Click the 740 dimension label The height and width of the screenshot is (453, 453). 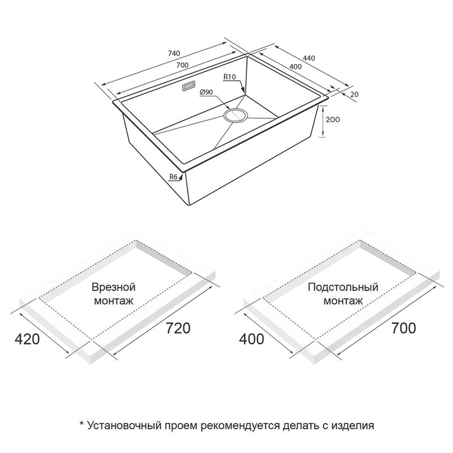tap(174, 53)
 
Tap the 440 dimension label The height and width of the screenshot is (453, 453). tap(309, 58)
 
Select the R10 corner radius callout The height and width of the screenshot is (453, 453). tap(230, 77)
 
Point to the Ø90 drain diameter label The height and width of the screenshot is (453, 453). tap(206, 92)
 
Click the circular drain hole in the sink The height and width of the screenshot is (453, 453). tap(236, 116)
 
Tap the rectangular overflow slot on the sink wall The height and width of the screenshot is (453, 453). tap(189, 87)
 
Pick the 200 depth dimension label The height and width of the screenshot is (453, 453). tap(332, 119)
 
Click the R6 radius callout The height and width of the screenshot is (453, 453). tap(173, 177)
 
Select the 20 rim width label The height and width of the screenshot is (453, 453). tap(354, 95)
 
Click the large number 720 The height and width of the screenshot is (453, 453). tap(178, 328)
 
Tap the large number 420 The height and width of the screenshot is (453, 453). tap(27, 339)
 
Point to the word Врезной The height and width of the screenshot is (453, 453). tap(114, 287)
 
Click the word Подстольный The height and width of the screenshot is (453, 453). tap(343, 287)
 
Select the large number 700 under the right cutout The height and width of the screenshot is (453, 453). tap(404, 328)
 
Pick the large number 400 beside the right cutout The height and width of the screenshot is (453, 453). tap(251, 339)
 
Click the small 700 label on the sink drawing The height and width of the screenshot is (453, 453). tap(182, 65)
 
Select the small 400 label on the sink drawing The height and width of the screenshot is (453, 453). tap(295, 67)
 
